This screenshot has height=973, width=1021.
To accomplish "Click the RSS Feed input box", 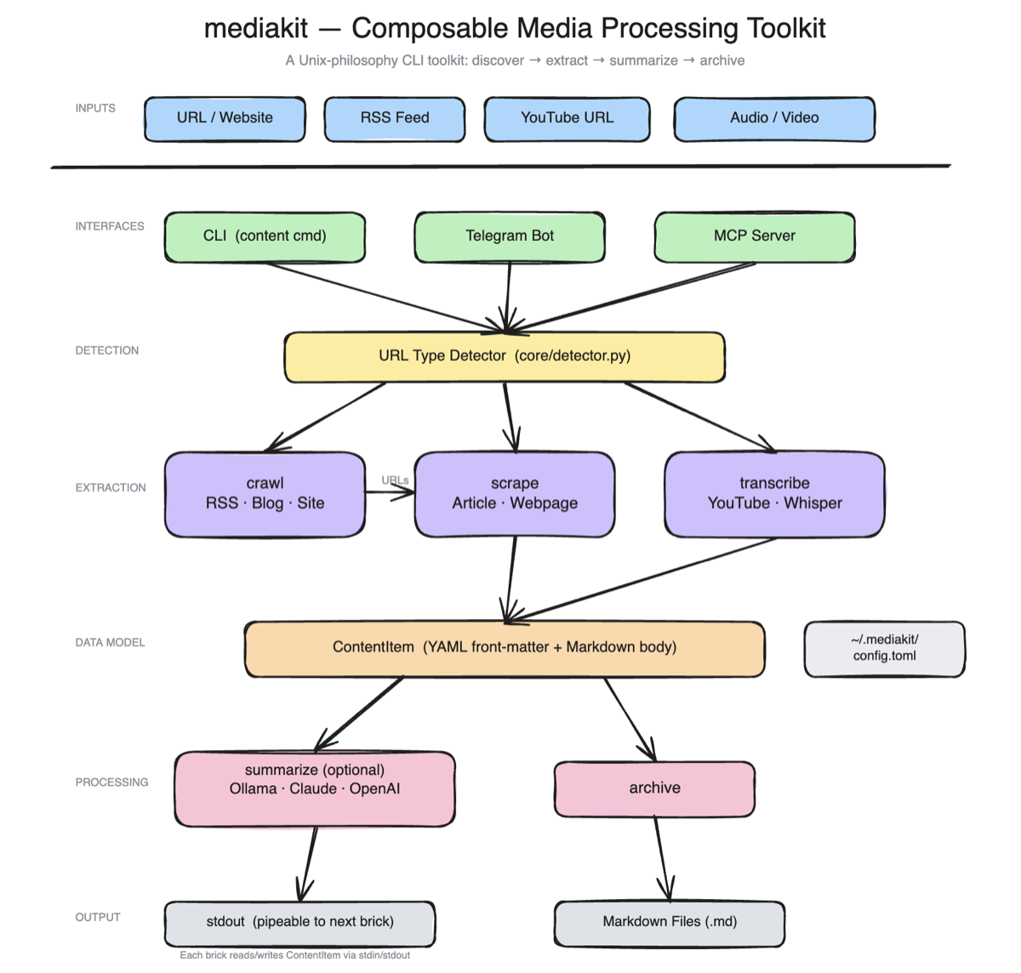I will click(x=395, y=118).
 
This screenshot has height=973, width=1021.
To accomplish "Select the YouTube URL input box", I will click(x=567, y=118).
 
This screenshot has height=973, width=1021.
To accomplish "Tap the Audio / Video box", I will click(x=774, y=118).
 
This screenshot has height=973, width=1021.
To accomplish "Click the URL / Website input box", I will click(x=225, y=118).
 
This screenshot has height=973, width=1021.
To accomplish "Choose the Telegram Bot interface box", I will click(x=510, y=236).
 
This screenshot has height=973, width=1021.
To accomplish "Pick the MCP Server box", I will click(x=755, y=236).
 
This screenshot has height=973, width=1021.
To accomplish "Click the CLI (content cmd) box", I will click(x=265, y=236).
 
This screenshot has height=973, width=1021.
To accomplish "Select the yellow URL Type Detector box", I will click(x=505, y=356).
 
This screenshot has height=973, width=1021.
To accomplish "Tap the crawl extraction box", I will click(x=265, y=494).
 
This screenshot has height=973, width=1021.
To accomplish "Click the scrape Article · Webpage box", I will click(x=515, y=494).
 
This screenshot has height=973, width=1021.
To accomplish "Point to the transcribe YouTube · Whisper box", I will click(x=774, y=494).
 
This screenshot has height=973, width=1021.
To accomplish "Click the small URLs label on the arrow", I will click(x=395, y=481).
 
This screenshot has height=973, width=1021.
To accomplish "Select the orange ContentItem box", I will click(x=505, y=648).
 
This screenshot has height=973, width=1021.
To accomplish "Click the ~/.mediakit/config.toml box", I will click(x=885, y=648).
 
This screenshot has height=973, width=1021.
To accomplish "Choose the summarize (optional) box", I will click(x=315, y=788).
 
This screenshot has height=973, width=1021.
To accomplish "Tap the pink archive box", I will click(x=654, y=788).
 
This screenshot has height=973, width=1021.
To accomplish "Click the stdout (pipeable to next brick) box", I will click(x=299, y=923).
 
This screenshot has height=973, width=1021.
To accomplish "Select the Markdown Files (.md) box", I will click(x=670, y=923).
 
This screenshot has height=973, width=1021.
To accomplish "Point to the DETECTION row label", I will click(x=106, y=350).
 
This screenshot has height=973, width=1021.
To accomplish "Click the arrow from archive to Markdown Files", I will click(x=662, y=859).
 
